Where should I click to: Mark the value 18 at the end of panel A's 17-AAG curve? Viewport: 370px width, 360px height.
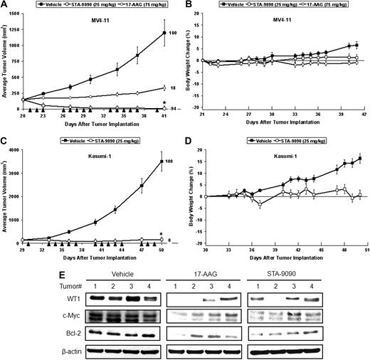[x=174, y=88]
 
